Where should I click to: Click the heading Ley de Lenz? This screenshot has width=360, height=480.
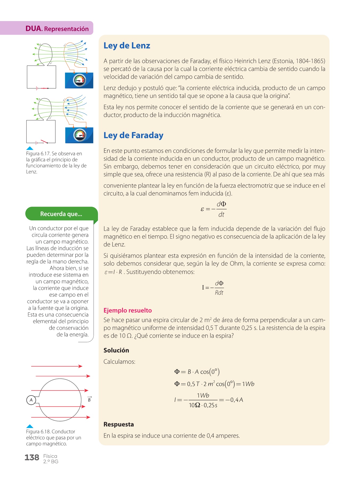point(127,46)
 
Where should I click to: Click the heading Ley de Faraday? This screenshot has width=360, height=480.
point(133,135)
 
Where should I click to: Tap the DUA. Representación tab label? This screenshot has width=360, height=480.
point(57,29)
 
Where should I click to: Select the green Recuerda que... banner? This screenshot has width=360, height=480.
point(61,214)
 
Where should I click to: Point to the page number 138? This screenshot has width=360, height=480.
point(32,458)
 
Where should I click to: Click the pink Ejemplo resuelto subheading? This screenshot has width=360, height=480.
point(127,310)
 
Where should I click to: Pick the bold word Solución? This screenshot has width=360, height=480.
point(116,350)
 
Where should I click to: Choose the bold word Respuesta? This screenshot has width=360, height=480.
point(118,424)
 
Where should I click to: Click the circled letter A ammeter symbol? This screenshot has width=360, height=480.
point(31,400)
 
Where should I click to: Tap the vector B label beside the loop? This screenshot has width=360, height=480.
point(89,399)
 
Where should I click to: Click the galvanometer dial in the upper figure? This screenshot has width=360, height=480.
point(79,80)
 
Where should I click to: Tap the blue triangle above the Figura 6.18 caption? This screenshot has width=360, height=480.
point(30,426)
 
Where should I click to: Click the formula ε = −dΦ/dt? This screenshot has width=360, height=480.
point(213,209)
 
